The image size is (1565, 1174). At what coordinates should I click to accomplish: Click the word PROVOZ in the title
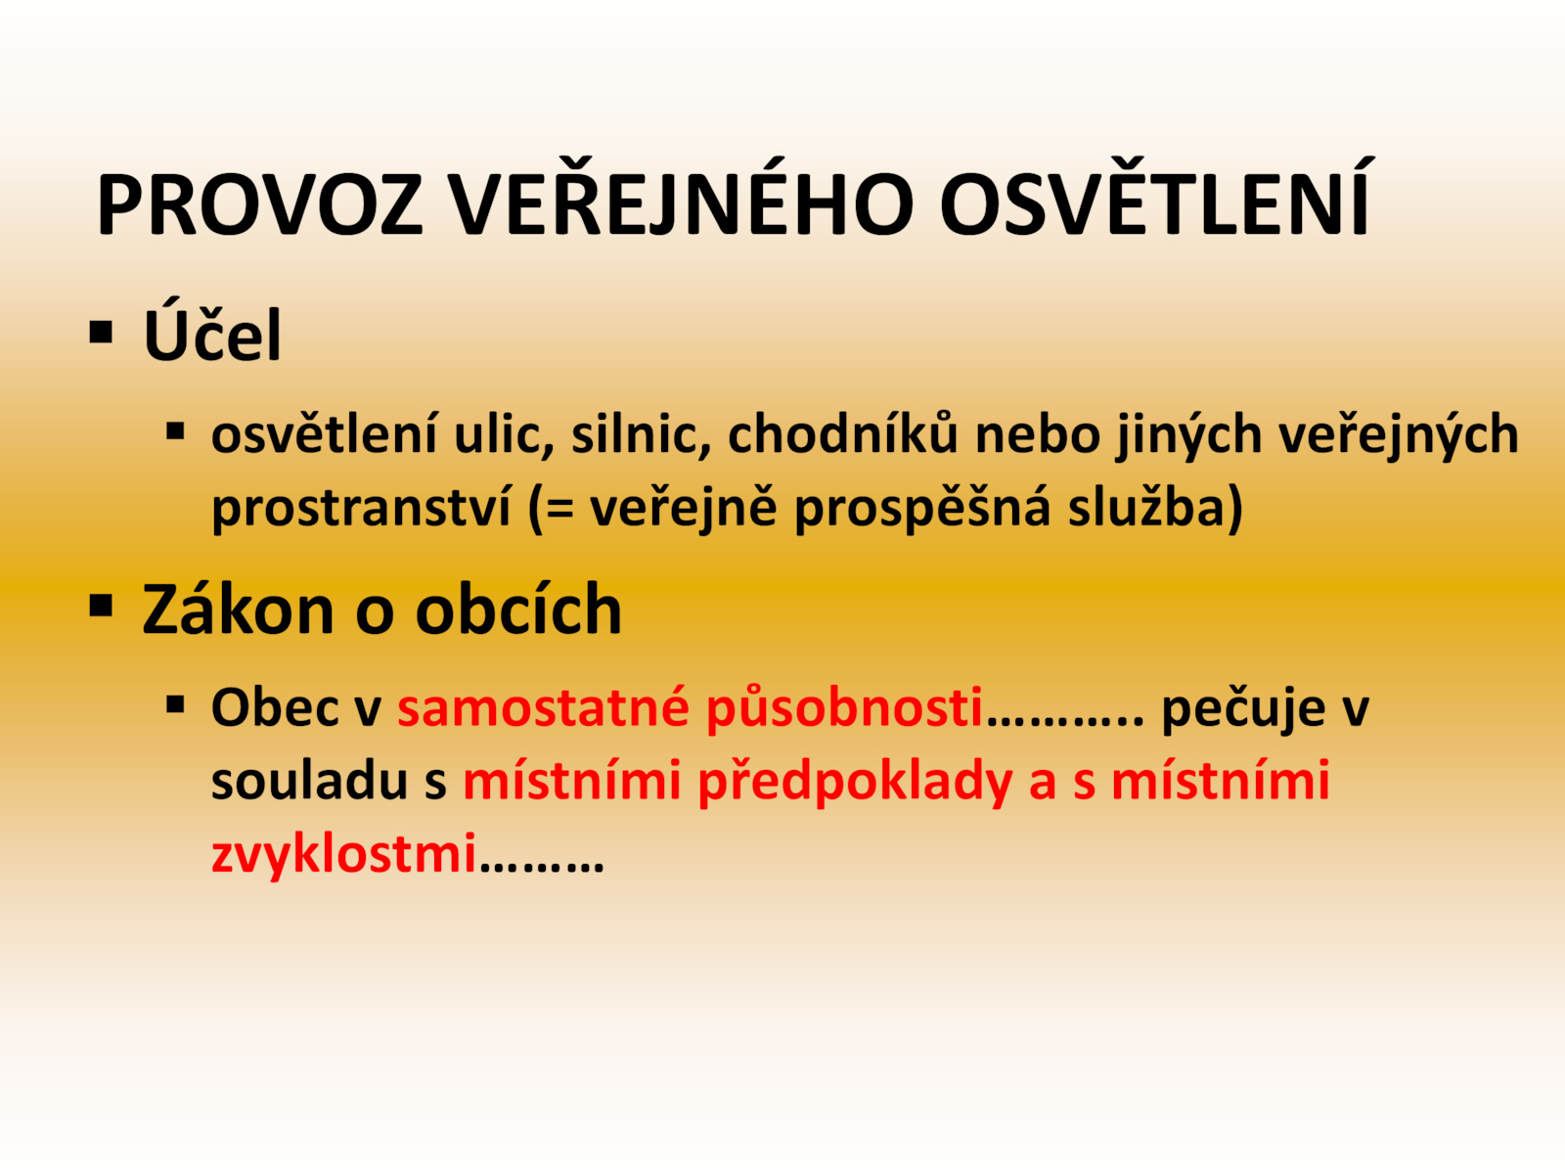pyautogui.click(x=260, y=203)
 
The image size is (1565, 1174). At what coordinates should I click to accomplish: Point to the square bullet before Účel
pyautogui.click(x=102, y=333)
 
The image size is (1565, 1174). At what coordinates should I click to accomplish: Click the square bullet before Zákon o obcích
pyautogui.click(x=102, y=606)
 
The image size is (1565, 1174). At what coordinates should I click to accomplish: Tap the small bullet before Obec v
pyautogui.click(x=175, y=705)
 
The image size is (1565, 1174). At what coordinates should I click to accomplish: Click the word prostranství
pyautogui.click(x=362, y=508)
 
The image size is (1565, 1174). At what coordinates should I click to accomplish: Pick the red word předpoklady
pyautogui.click(x=855, y=782)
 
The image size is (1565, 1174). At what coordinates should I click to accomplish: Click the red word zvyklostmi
pyautogui.click(x=343, y=854)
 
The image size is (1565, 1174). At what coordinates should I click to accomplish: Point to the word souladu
pyautogui.click(x=309, y=781)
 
